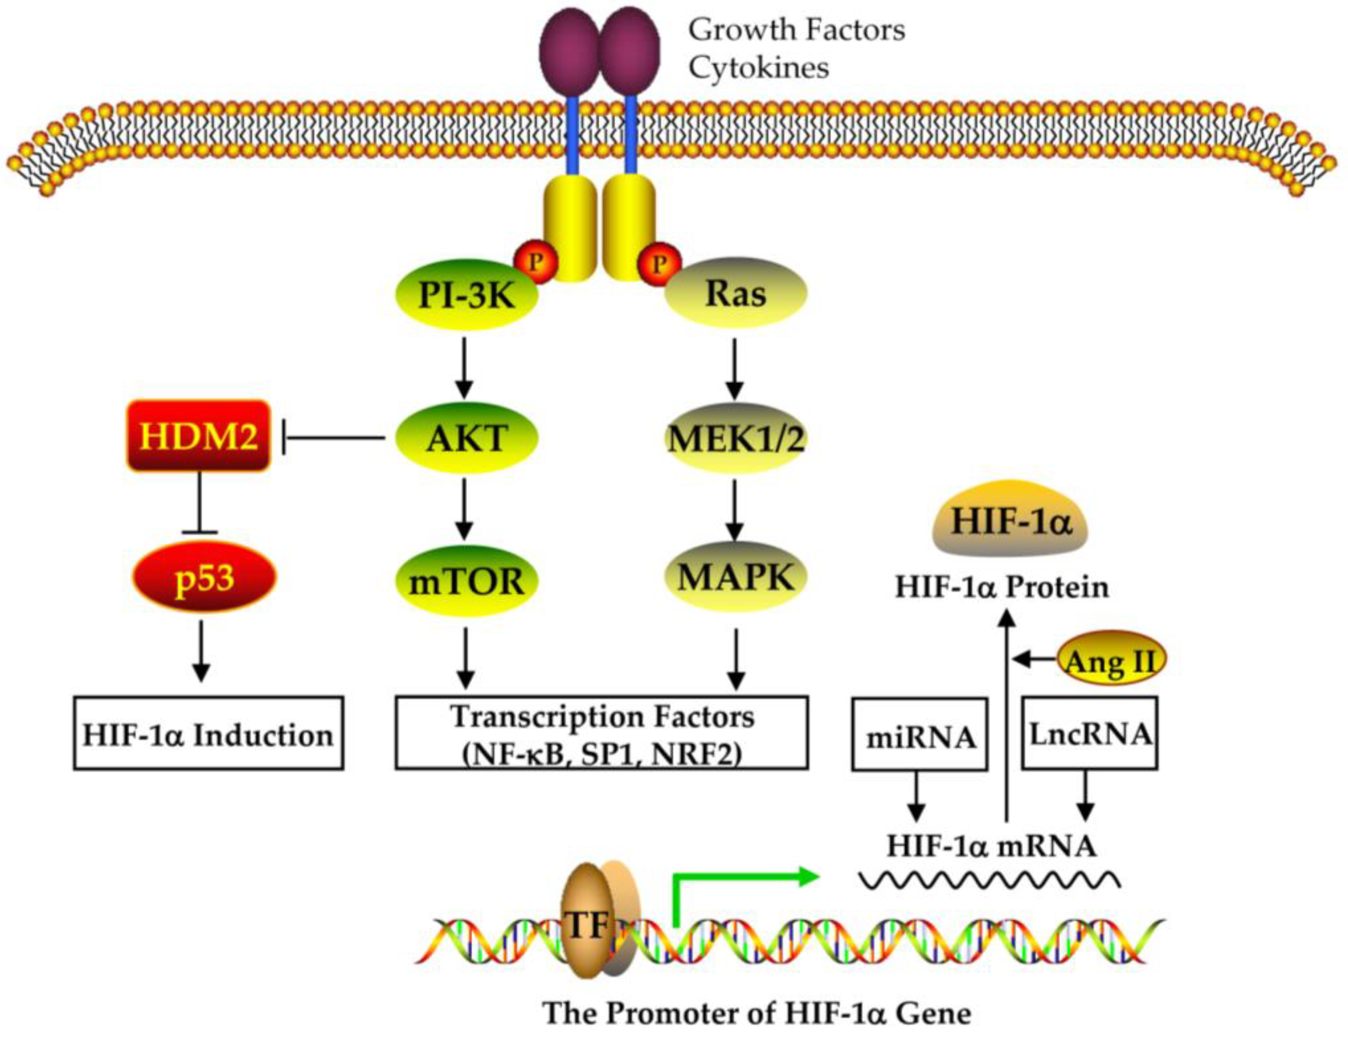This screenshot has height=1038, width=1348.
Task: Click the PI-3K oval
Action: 466,295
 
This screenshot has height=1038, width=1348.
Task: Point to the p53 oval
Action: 204,577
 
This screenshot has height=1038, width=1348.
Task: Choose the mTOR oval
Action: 466,581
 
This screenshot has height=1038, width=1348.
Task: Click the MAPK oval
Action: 735,577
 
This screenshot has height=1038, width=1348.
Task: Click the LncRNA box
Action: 1090,733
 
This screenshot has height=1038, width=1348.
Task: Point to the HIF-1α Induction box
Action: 208,734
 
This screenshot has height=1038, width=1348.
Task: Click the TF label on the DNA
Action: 586,925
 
